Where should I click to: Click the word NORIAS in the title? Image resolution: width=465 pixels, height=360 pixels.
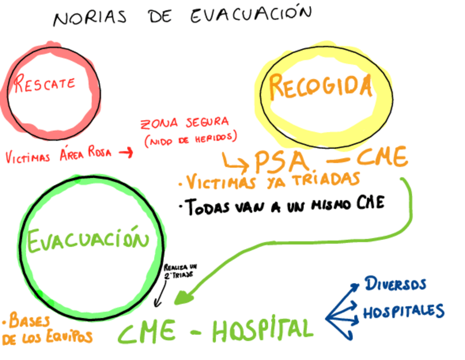[x=89, y=18]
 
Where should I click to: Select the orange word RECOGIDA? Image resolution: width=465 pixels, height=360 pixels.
[x=320, y=87]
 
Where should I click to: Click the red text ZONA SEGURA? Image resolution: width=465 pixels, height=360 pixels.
[x=184, y=122]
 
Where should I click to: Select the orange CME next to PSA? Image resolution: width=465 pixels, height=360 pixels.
[x=382, y=159]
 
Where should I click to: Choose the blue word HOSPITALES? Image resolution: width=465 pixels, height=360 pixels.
[x=403, y=312]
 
